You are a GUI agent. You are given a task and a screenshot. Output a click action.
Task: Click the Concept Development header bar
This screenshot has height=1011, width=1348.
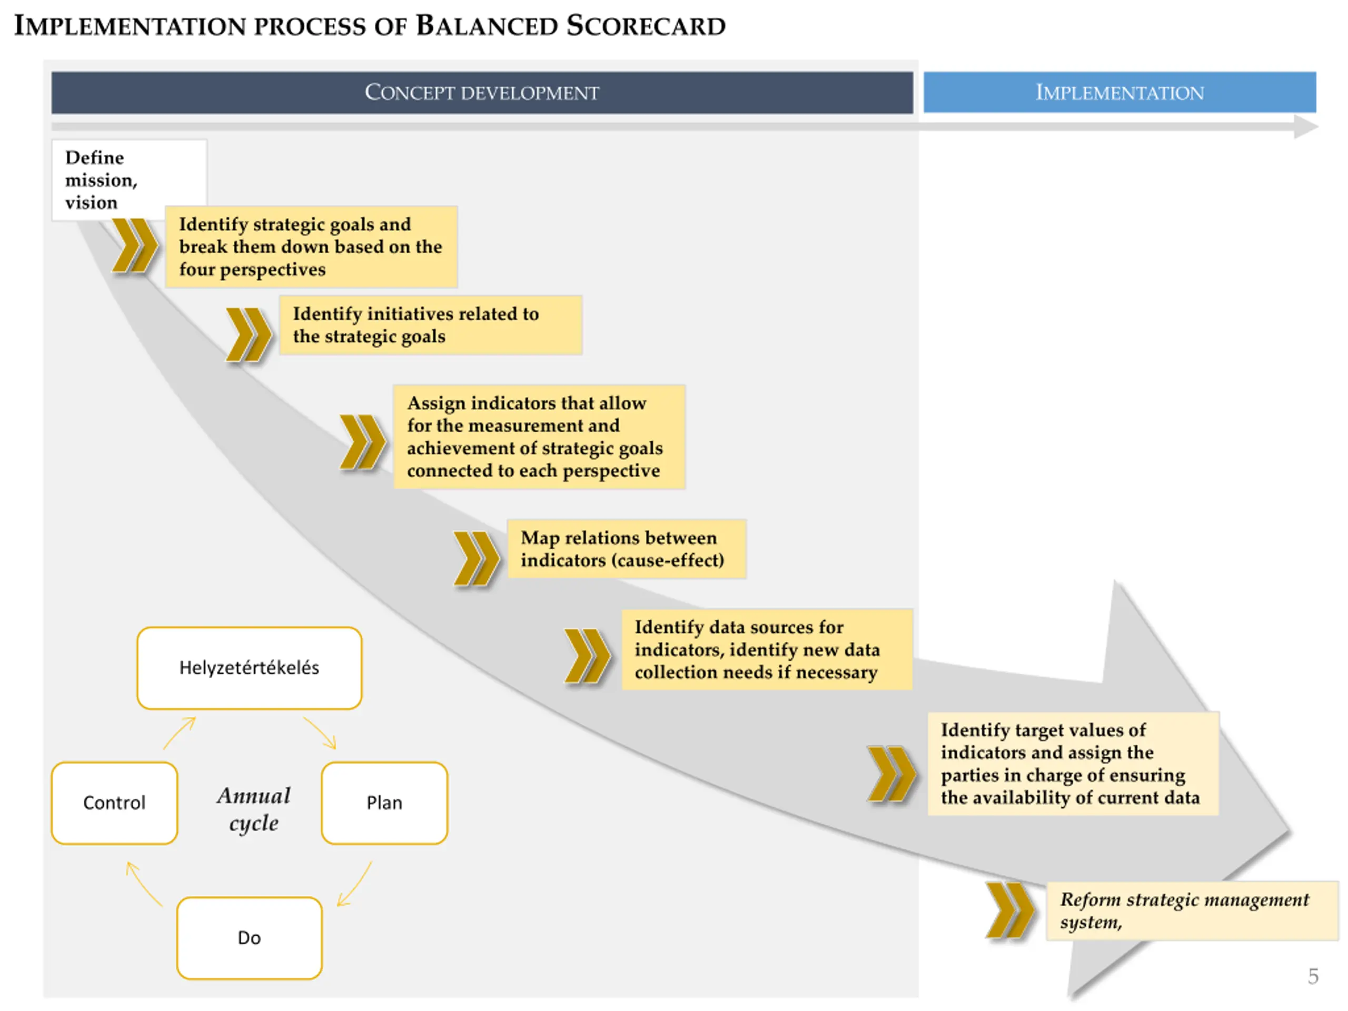(481, 93)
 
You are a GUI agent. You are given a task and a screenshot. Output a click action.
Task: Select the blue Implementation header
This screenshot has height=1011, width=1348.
(1119, 93)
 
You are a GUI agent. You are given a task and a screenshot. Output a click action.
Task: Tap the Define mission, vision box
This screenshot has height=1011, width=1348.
(129, 180)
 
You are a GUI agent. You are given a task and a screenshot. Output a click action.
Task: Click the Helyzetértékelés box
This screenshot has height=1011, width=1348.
(249, 668)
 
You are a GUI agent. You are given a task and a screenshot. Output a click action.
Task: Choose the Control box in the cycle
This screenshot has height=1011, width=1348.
(115, 802)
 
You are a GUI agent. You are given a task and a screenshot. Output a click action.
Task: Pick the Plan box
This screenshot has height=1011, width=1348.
(384, 802)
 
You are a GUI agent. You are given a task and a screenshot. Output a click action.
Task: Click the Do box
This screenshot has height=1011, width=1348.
(249, 938)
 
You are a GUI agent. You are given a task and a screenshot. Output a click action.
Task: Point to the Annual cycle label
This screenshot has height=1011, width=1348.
(253, 809)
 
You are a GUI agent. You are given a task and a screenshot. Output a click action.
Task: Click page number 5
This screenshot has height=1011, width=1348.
(1313, 976)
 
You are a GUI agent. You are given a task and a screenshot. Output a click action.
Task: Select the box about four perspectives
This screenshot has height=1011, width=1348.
(311, 247)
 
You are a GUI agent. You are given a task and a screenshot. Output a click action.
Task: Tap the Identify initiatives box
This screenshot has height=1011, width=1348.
(430, 325)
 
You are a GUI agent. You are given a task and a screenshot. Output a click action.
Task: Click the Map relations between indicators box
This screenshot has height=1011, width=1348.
(626, 549)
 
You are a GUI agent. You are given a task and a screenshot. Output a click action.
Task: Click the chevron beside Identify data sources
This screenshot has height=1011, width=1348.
(586, 656)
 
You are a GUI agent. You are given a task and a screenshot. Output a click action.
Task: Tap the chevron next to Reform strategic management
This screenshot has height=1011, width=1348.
(1009, 910)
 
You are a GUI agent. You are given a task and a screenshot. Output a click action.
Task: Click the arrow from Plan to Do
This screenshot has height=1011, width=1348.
(355, 884)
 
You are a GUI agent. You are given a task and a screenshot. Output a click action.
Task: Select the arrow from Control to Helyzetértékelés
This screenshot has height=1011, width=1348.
(179, 732)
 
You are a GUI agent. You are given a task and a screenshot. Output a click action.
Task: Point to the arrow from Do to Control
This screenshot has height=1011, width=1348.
(144, 884)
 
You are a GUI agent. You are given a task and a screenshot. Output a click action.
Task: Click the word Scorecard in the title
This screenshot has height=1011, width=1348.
(646, 26)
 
